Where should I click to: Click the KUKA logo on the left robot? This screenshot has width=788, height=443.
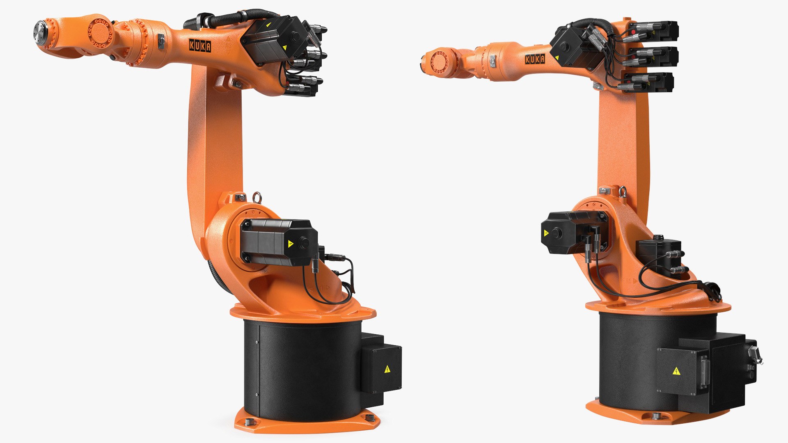200,46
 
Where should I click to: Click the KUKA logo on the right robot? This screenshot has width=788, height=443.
535,59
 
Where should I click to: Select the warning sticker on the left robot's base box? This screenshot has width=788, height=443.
387,369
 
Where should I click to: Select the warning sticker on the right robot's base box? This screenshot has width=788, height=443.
676,372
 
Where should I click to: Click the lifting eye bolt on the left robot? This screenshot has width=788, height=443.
257,197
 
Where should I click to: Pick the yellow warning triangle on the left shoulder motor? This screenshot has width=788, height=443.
291,244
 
